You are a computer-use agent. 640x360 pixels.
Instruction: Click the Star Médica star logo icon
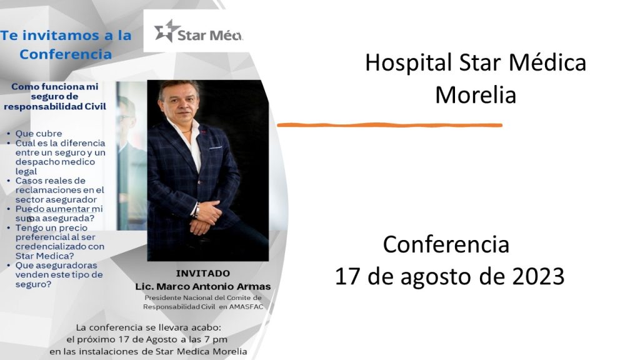167,31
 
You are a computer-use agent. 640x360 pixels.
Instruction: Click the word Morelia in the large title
476,95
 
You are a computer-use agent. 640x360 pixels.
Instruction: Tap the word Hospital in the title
408,63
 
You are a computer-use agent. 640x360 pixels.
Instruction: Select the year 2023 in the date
538,276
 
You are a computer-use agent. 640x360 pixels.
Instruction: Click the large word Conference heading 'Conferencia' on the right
446,244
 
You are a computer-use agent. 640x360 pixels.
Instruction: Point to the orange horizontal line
389,125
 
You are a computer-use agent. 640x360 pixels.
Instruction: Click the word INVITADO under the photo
203,274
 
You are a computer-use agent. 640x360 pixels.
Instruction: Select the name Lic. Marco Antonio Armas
203,286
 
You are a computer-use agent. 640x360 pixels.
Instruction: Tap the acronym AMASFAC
246,307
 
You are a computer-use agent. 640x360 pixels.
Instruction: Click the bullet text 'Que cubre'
39,134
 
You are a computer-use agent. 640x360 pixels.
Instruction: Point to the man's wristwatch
197,210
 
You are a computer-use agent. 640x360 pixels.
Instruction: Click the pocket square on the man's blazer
216,147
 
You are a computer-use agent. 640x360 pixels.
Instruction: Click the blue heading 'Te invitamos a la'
66,36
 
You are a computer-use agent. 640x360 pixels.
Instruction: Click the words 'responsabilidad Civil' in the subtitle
55,106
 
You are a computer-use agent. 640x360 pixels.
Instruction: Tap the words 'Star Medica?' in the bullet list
45,256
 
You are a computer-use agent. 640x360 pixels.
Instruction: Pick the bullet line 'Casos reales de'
51,181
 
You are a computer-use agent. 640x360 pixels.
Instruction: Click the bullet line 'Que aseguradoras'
56,265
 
